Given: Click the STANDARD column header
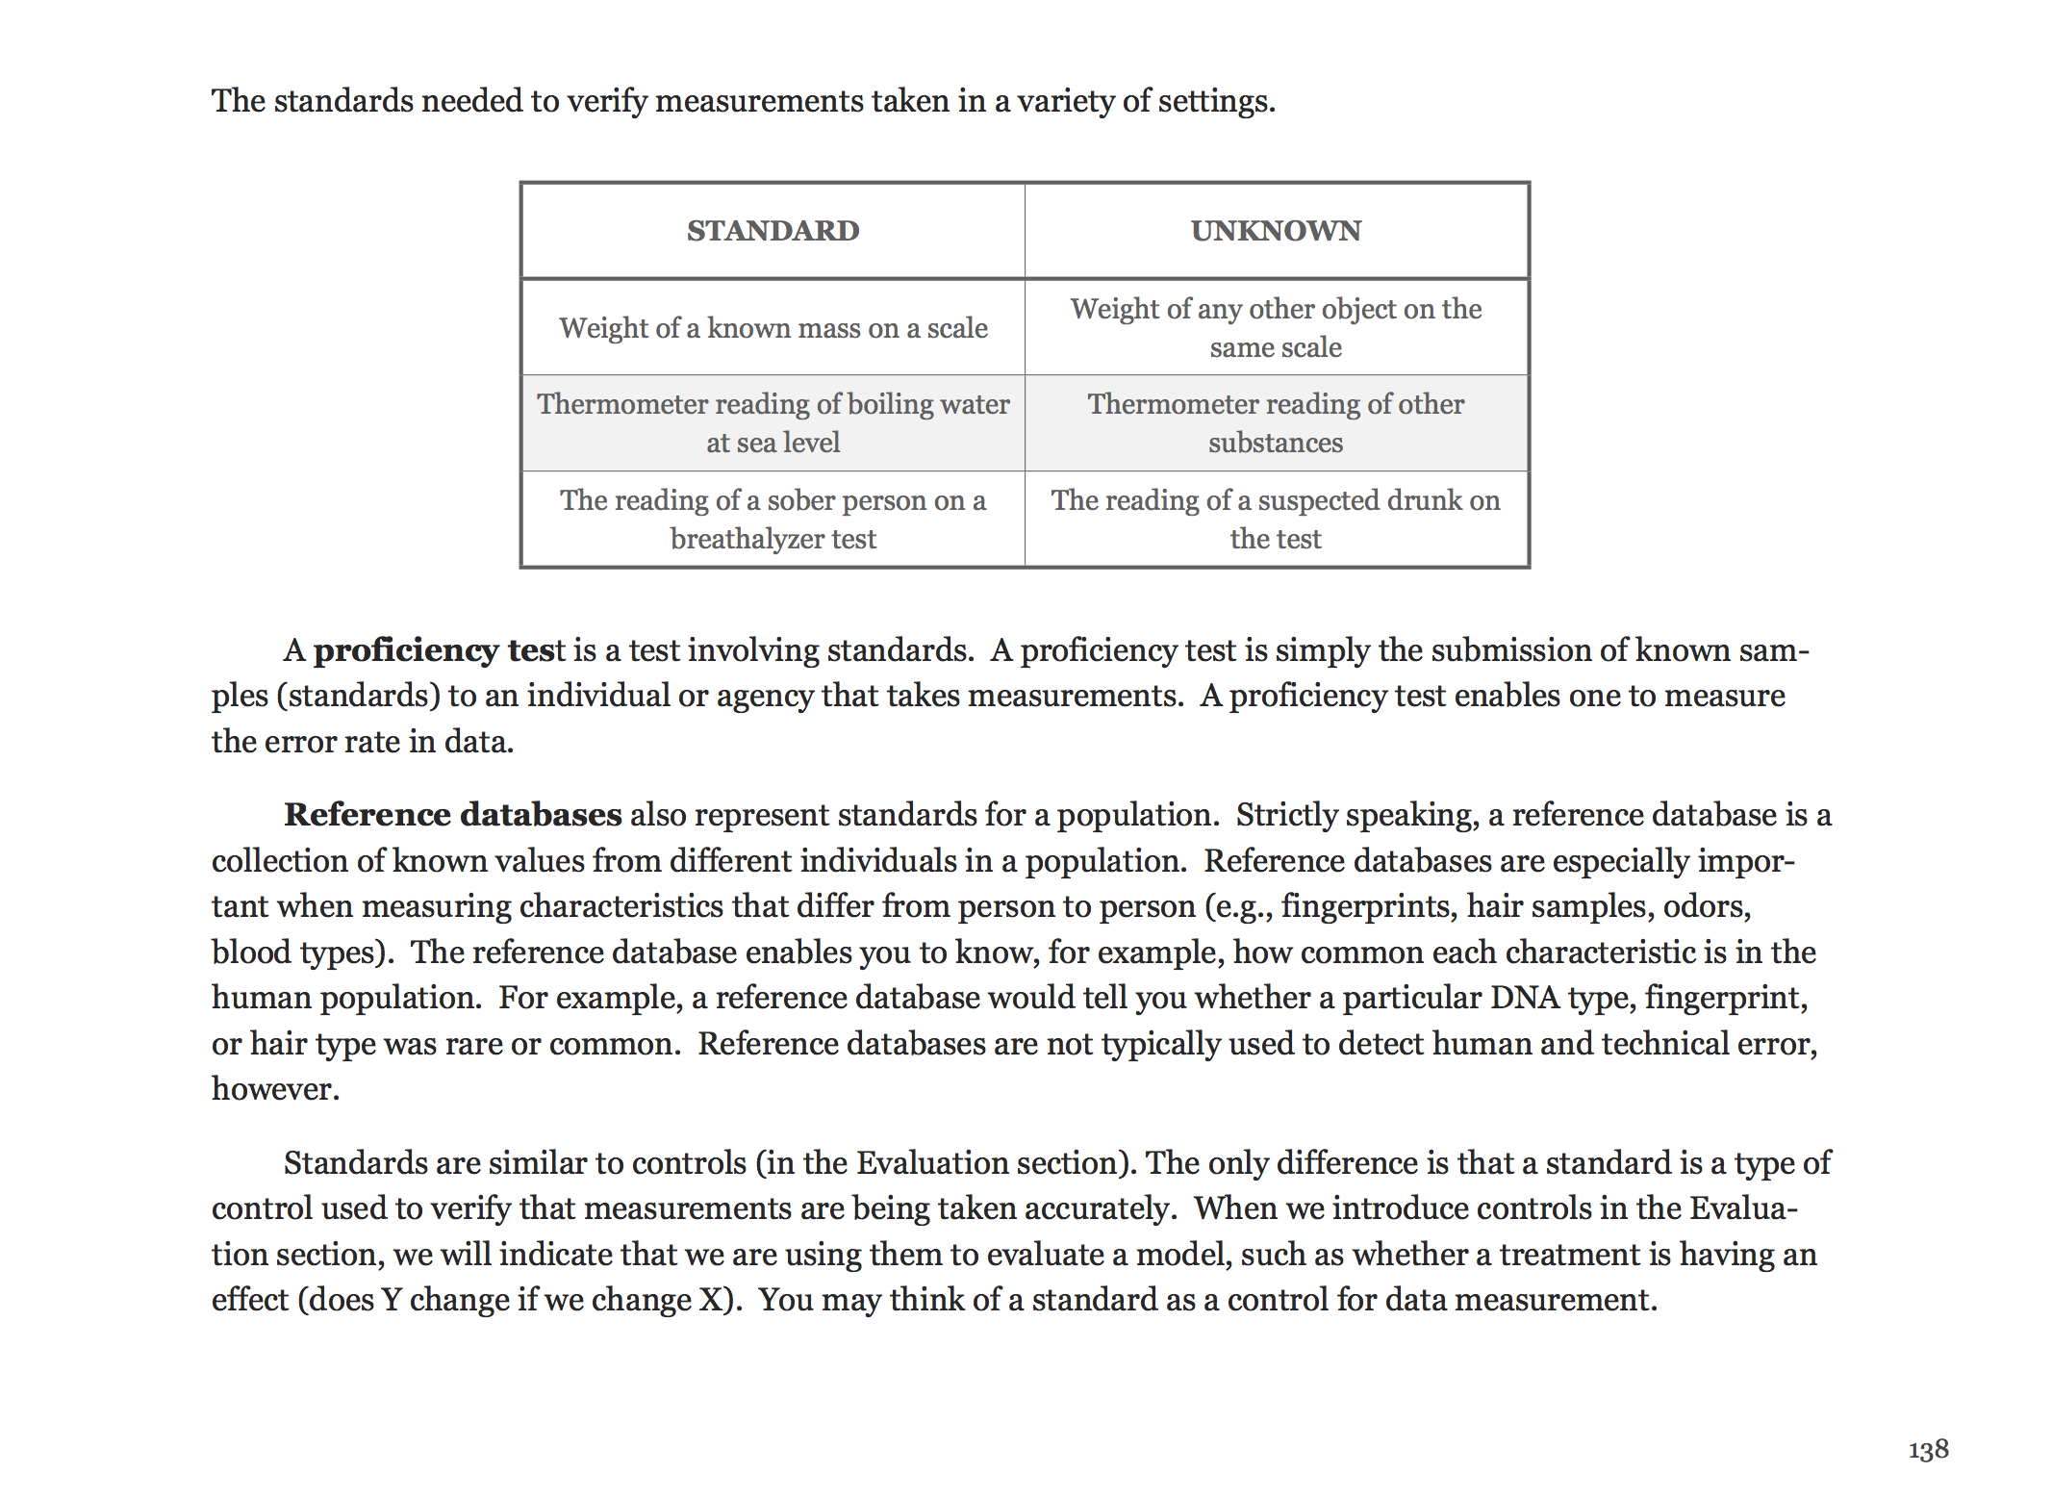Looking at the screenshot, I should (x=773, y=231).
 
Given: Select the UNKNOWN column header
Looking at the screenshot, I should (x=1276, y=231).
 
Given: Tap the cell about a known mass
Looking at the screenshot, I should (x=773, y=328).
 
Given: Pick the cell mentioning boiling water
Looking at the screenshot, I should (x=773, y=423).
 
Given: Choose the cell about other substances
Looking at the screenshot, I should (x=1276, y=423).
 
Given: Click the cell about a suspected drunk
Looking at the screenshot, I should (x=1276, y=520).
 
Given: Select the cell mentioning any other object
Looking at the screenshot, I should (x=1276, y=328).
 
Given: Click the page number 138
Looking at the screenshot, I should (x=1928, y=1449).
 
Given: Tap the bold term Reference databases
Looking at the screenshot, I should (x=453, y=815).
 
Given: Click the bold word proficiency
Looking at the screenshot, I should (x=405, y=651).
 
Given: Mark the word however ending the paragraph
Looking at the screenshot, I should (x=274, y=1089).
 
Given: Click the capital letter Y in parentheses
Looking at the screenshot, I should (x=391, y=1300).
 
